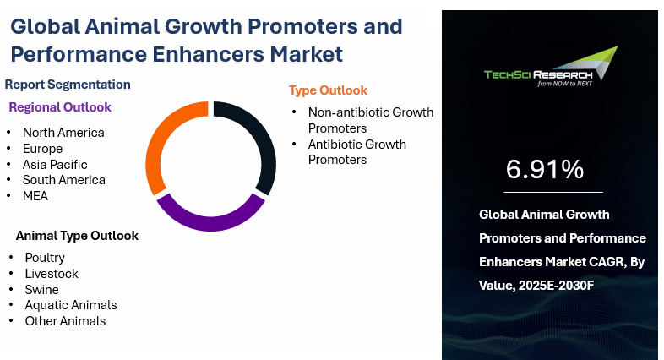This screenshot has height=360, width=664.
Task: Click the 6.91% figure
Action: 545,169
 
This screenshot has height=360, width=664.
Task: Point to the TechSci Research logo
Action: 551,67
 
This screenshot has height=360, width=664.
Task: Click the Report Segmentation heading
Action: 68,85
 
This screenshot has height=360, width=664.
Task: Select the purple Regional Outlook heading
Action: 60,107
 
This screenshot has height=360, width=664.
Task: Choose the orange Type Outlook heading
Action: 328,90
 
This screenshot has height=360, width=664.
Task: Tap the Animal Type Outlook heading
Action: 77,236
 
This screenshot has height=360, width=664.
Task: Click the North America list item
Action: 63,133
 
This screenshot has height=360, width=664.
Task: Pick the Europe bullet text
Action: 43,149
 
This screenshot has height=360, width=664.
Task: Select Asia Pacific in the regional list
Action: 55,164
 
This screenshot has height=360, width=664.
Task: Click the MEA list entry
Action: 35,196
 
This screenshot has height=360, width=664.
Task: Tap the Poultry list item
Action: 45,258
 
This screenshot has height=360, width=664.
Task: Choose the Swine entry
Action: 42,290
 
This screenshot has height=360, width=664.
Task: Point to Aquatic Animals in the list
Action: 71,305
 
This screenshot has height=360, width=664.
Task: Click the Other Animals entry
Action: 65,321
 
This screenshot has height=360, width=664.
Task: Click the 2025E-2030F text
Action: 557,286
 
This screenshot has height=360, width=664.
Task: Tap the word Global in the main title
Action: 46,26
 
